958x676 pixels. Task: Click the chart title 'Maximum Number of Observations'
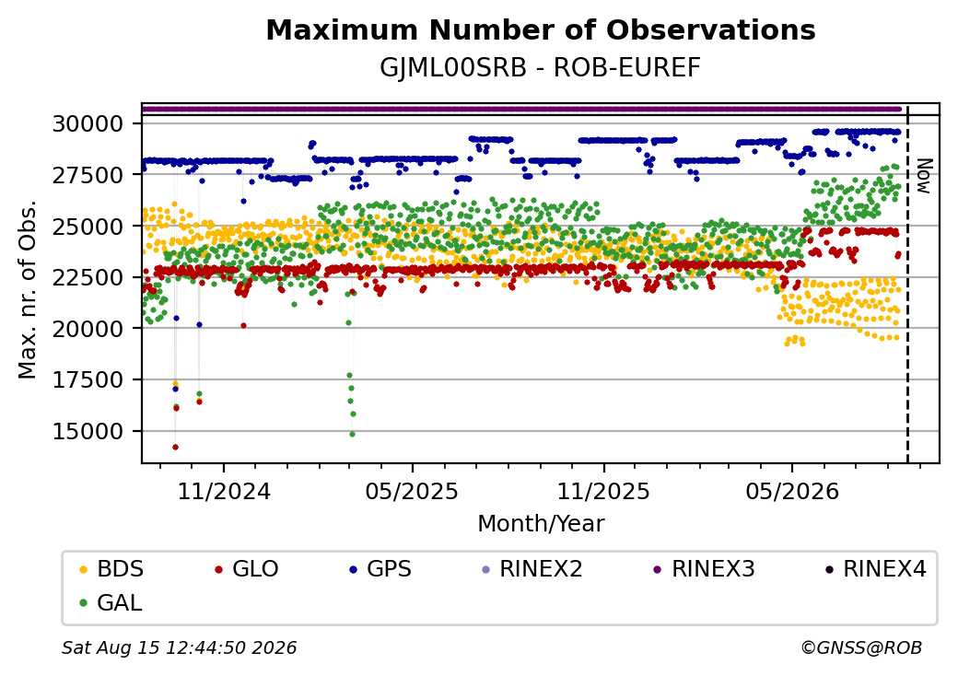point(541,29)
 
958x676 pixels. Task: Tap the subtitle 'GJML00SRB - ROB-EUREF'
point(540,68)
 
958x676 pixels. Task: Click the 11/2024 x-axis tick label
point(224,492)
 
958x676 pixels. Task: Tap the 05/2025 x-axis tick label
point(413,492)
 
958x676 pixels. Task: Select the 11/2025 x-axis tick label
point(603,492)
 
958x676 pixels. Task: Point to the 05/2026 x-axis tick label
point(792,492)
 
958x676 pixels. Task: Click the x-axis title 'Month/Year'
point(541,524)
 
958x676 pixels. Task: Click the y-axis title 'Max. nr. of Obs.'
point(28,289)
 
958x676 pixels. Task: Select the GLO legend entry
point(247,569)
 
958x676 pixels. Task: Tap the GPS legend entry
point(380,569)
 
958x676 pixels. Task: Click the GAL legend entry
point(111,603)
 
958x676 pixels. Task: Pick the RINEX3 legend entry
point(704,569)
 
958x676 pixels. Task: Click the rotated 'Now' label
point(925,177)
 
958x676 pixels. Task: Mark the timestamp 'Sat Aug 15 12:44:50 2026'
point(180,647)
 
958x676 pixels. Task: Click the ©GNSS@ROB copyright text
point(861,647)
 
